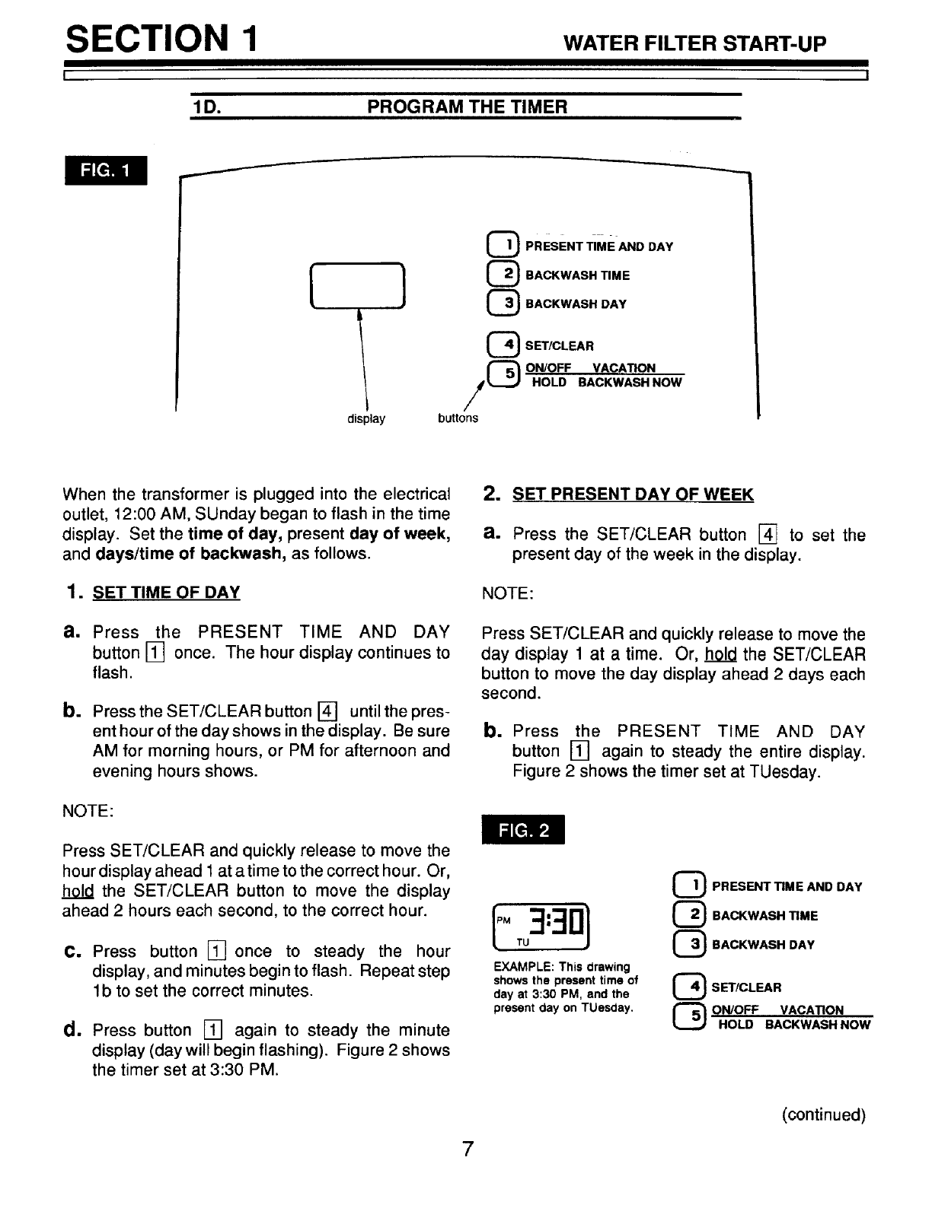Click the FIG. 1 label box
coord(106,170)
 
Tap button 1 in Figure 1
coord(503,245)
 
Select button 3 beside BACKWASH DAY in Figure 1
coord(503,303)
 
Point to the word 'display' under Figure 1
coord(366,419)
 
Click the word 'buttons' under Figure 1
coord(458,418)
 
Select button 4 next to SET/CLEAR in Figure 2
coord(690,987)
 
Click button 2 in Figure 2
coord(690,915)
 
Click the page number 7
coord(467,1149)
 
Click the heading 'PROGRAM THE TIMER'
coord(467,107)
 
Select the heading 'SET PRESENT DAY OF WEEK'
coord(633,494)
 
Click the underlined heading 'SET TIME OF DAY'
coord(166,592)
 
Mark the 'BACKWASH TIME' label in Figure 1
coord(577,275)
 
